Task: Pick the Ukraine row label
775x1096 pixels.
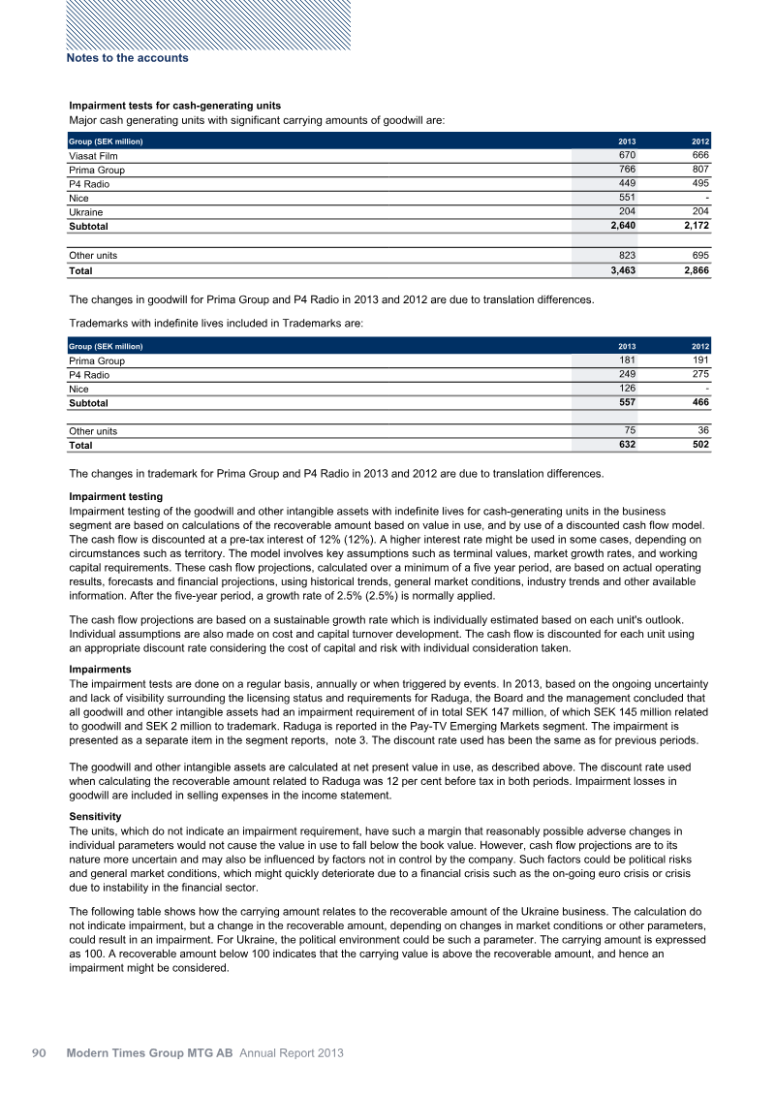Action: tap(86, 211)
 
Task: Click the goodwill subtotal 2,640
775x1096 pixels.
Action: tap(621, 226)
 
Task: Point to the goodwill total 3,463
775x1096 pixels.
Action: tap(621, 270)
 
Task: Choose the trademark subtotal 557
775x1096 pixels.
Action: tap(629, 402)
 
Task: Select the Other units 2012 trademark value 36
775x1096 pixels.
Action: tap(703, 431)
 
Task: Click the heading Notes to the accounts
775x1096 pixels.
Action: tap(127, 58)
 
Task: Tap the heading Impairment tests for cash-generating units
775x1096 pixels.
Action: tap(174, 105)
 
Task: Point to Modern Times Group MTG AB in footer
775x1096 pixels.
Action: tap(150, 1052)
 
